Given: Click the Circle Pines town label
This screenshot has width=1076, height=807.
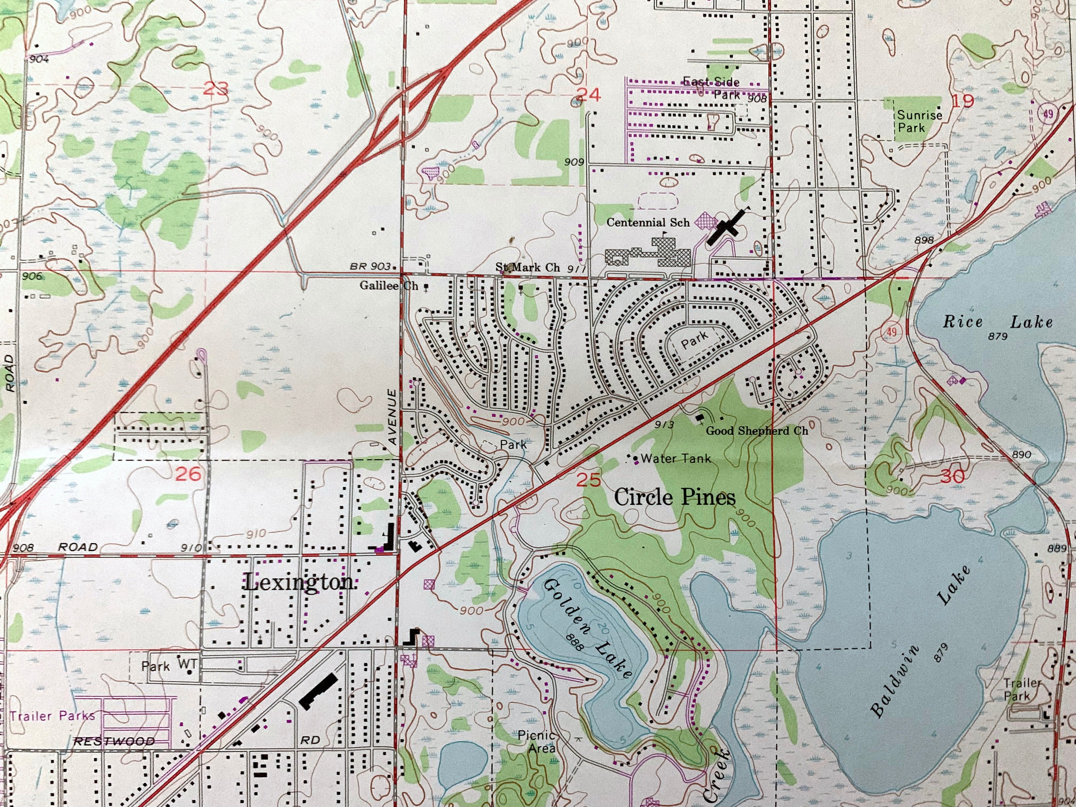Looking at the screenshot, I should [674, 497].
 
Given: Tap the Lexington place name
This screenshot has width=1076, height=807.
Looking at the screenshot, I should [299, 582].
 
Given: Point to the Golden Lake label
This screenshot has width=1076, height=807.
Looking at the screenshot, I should [587, 628].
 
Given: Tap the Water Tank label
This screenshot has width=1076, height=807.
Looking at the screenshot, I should [675, 458].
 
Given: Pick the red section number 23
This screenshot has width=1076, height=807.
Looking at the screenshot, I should [216, 89].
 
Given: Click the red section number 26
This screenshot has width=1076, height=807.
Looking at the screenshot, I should [188, 474].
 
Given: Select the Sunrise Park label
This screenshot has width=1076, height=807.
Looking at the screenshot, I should [919, 121].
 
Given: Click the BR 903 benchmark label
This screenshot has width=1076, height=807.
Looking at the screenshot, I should [370, 266].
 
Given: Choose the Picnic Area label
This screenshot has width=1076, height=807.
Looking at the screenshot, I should [537, 741].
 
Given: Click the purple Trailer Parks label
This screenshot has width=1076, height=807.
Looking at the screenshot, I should [52, 716].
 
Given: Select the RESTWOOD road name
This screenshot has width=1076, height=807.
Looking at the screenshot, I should [114, 741].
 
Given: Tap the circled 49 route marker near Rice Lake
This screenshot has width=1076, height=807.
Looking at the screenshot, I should [891, 332].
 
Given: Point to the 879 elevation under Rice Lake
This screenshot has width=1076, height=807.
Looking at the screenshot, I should [997, 336].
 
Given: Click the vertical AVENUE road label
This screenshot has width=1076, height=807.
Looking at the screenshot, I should [392, 416].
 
